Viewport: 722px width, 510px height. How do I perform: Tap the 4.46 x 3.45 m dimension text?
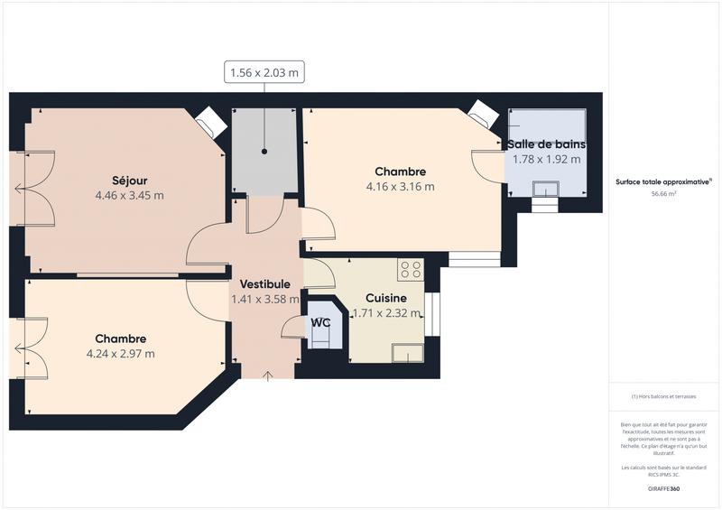[x=130, y=195]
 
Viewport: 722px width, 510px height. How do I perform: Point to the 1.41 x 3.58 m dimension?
[x=265, y=300]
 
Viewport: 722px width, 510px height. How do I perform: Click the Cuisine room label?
[x=385, y=298]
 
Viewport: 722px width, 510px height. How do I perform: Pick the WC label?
[x=320, y=322]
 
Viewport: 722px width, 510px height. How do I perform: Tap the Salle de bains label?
[x=546, y=144]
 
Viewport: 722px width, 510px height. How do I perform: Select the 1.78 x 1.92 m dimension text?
[x=546, y=159]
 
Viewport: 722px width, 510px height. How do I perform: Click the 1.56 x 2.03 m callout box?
[x=264, y=73]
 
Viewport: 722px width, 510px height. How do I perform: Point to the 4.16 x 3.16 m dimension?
[x=400, y=187]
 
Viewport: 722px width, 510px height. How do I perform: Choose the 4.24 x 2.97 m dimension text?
[x=121, y=353]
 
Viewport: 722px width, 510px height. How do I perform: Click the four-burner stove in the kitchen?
[x=411, y=269]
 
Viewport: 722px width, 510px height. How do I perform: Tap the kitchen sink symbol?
[x=406, y=352]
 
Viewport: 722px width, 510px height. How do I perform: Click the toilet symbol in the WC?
[x=321, y=336]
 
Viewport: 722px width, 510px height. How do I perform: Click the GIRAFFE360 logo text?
[x=663, y=488]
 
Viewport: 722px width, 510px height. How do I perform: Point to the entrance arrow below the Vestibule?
[x=266, y=375]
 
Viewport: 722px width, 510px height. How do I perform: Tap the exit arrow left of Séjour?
[x=18, y=189]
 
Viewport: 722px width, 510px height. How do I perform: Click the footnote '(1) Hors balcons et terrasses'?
[x=663, y=396]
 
